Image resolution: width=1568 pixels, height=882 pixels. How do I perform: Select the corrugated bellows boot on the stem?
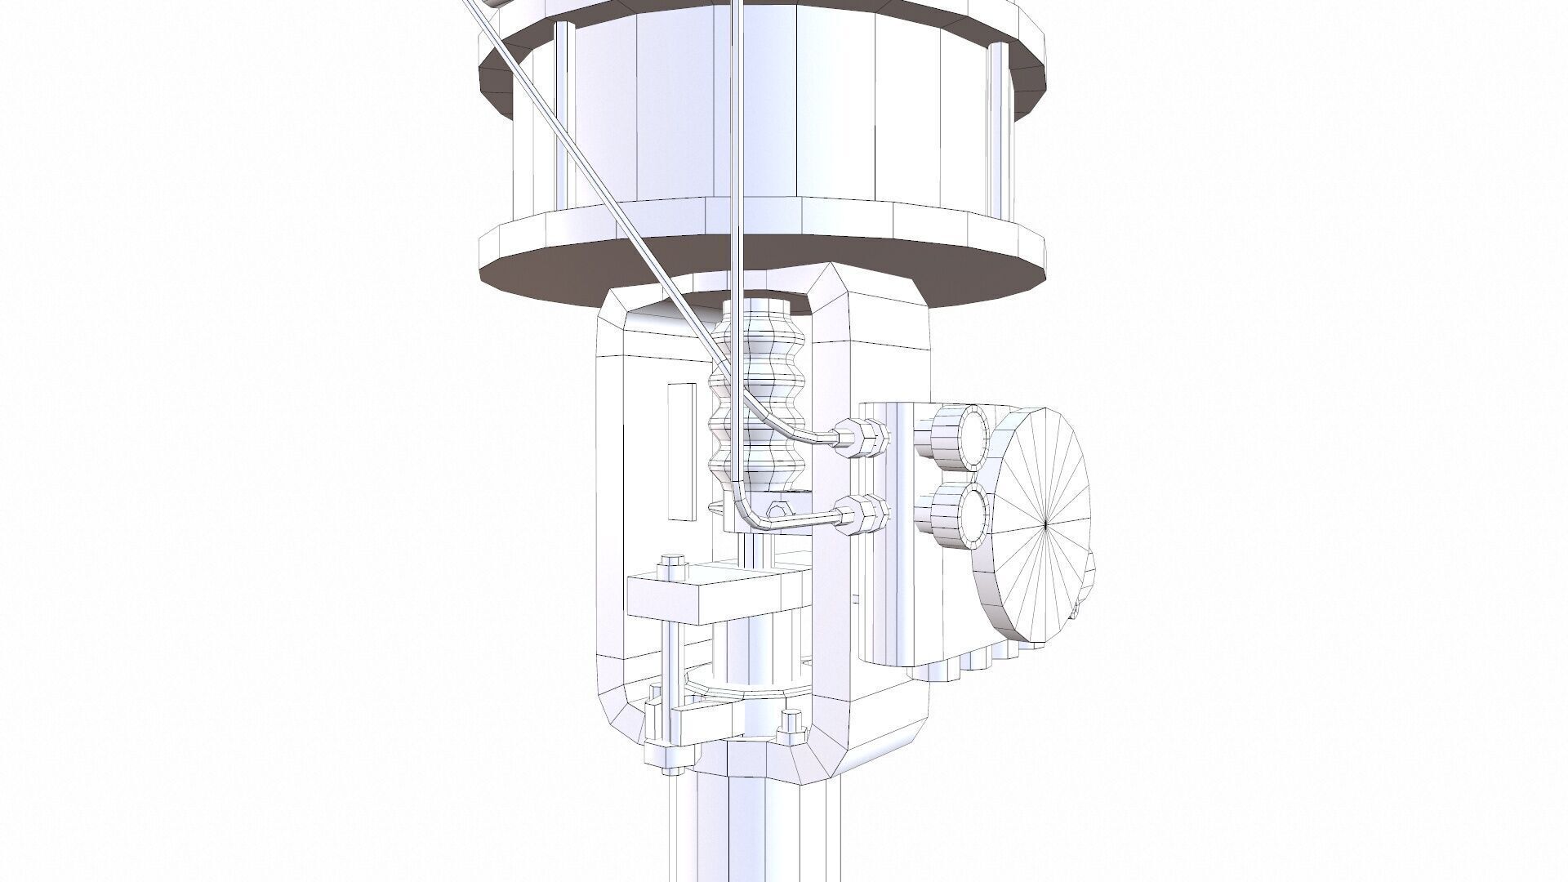coord(759,400)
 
